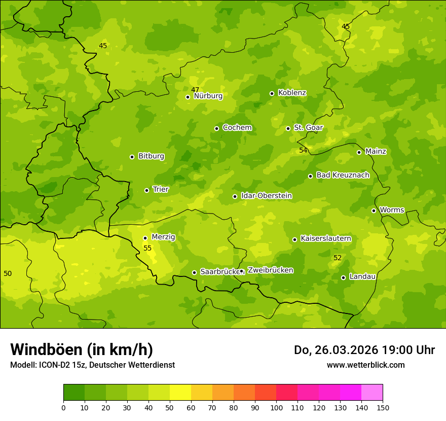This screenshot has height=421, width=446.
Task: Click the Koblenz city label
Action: [292, 93]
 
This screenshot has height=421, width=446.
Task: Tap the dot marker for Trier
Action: [147, 190]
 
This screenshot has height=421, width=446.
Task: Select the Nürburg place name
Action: [208, 96]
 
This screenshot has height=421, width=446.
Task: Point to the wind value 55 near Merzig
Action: [147, 248]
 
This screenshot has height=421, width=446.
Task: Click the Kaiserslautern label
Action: [325, 238]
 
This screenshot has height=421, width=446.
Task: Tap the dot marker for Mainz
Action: [359, 152]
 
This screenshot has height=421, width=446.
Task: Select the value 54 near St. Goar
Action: [303, 150]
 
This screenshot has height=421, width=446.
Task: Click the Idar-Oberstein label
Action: [266, 196]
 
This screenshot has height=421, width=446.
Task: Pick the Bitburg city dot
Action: [132, 157]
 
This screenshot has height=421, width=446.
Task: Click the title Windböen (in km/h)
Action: [82, 349]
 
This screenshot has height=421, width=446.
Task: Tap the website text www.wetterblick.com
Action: [365, 365]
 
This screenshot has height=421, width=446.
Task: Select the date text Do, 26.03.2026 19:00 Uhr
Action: [364, 350]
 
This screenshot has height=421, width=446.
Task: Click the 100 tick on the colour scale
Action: [276, 407]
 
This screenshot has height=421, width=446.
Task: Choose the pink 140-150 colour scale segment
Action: [372, 393]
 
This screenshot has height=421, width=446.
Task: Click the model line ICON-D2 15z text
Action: [92, 365]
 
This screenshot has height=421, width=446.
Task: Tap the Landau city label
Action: [362, 276]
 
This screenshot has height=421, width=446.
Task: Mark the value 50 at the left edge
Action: [8, 273]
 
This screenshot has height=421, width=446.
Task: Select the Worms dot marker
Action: [374, 210]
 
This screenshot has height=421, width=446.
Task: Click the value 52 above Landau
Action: [338, 258]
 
